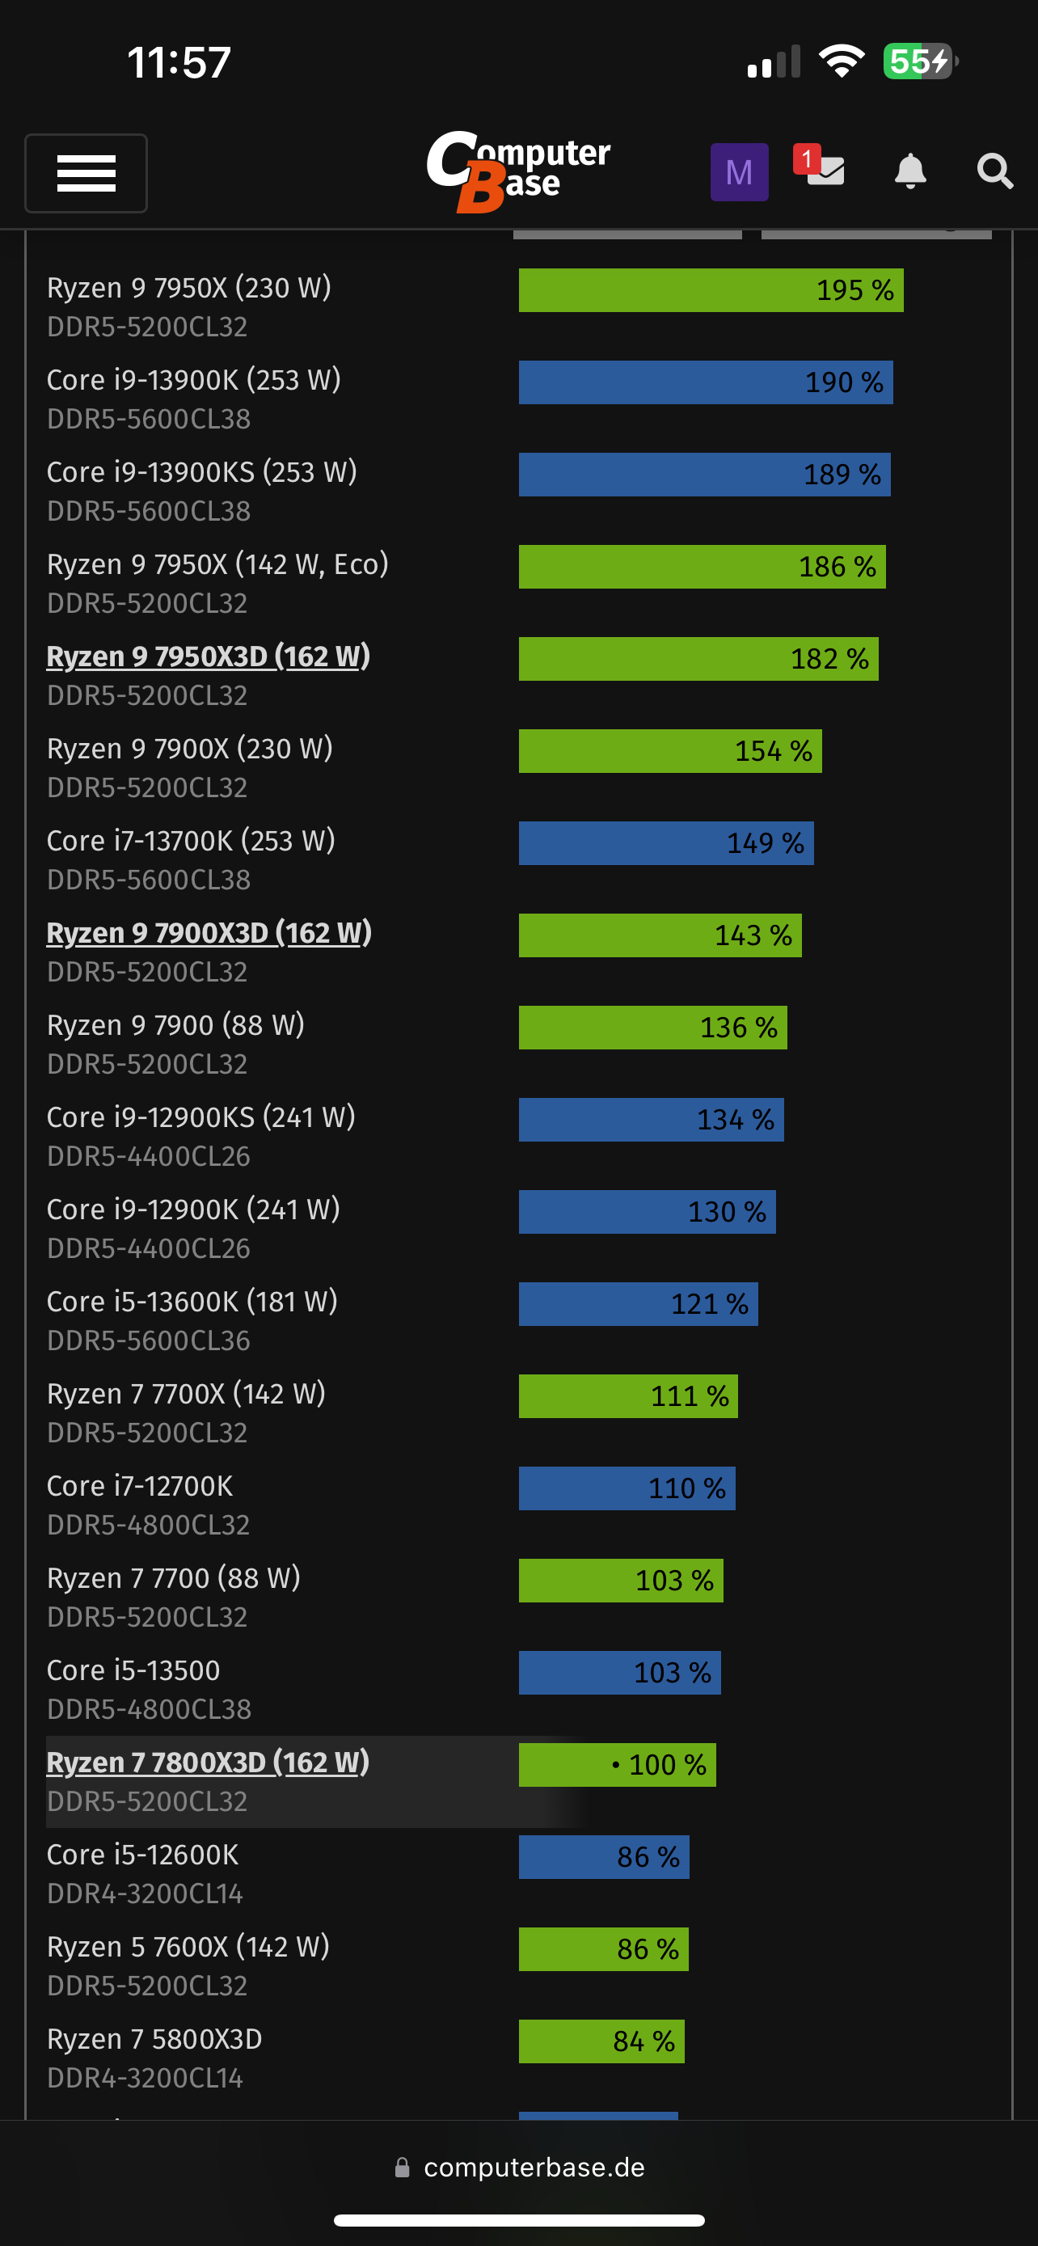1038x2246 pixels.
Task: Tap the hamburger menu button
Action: click(x=86, y=173)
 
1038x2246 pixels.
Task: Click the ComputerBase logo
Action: click(x=518, y=170)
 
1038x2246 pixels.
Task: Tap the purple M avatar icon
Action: click(x=738, y=171)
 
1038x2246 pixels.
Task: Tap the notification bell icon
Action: click(x=910, y=171)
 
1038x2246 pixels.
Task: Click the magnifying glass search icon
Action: click(x=994, y=171)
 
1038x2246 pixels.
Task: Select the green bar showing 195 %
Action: click(x=711, y=290)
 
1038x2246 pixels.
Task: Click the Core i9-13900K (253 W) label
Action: click(x=193, y=380)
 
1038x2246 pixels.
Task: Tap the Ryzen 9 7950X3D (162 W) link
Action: click(x=209, y=656)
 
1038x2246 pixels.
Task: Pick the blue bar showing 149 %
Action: click(x=666, y=843)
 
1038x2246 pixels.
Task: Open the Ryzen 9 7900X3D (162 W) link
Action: click(x=209, y=933)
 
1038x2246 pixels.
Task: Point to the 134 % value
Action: click(x=735, y=1120)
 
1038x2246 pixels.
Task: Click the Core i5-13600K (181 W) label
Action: click(x=192, y=1302)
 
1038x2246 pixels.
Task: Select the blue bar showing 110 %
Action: click(x=627, y=1488)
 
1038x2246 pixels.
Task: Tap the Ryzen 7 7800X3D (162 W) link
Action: click(x=209, y=1762)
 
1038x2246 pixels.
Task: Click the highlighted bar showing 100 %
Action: click(x=617, y=1765)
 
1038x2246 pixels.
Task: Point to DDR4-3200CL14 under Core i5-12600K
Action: click(x=145, y=1893)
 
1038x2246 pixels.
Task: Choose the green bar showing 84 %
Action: click(x=601, y=2041)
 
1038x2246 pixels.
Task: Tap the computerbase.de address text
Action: click(x=534, y=2168)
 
